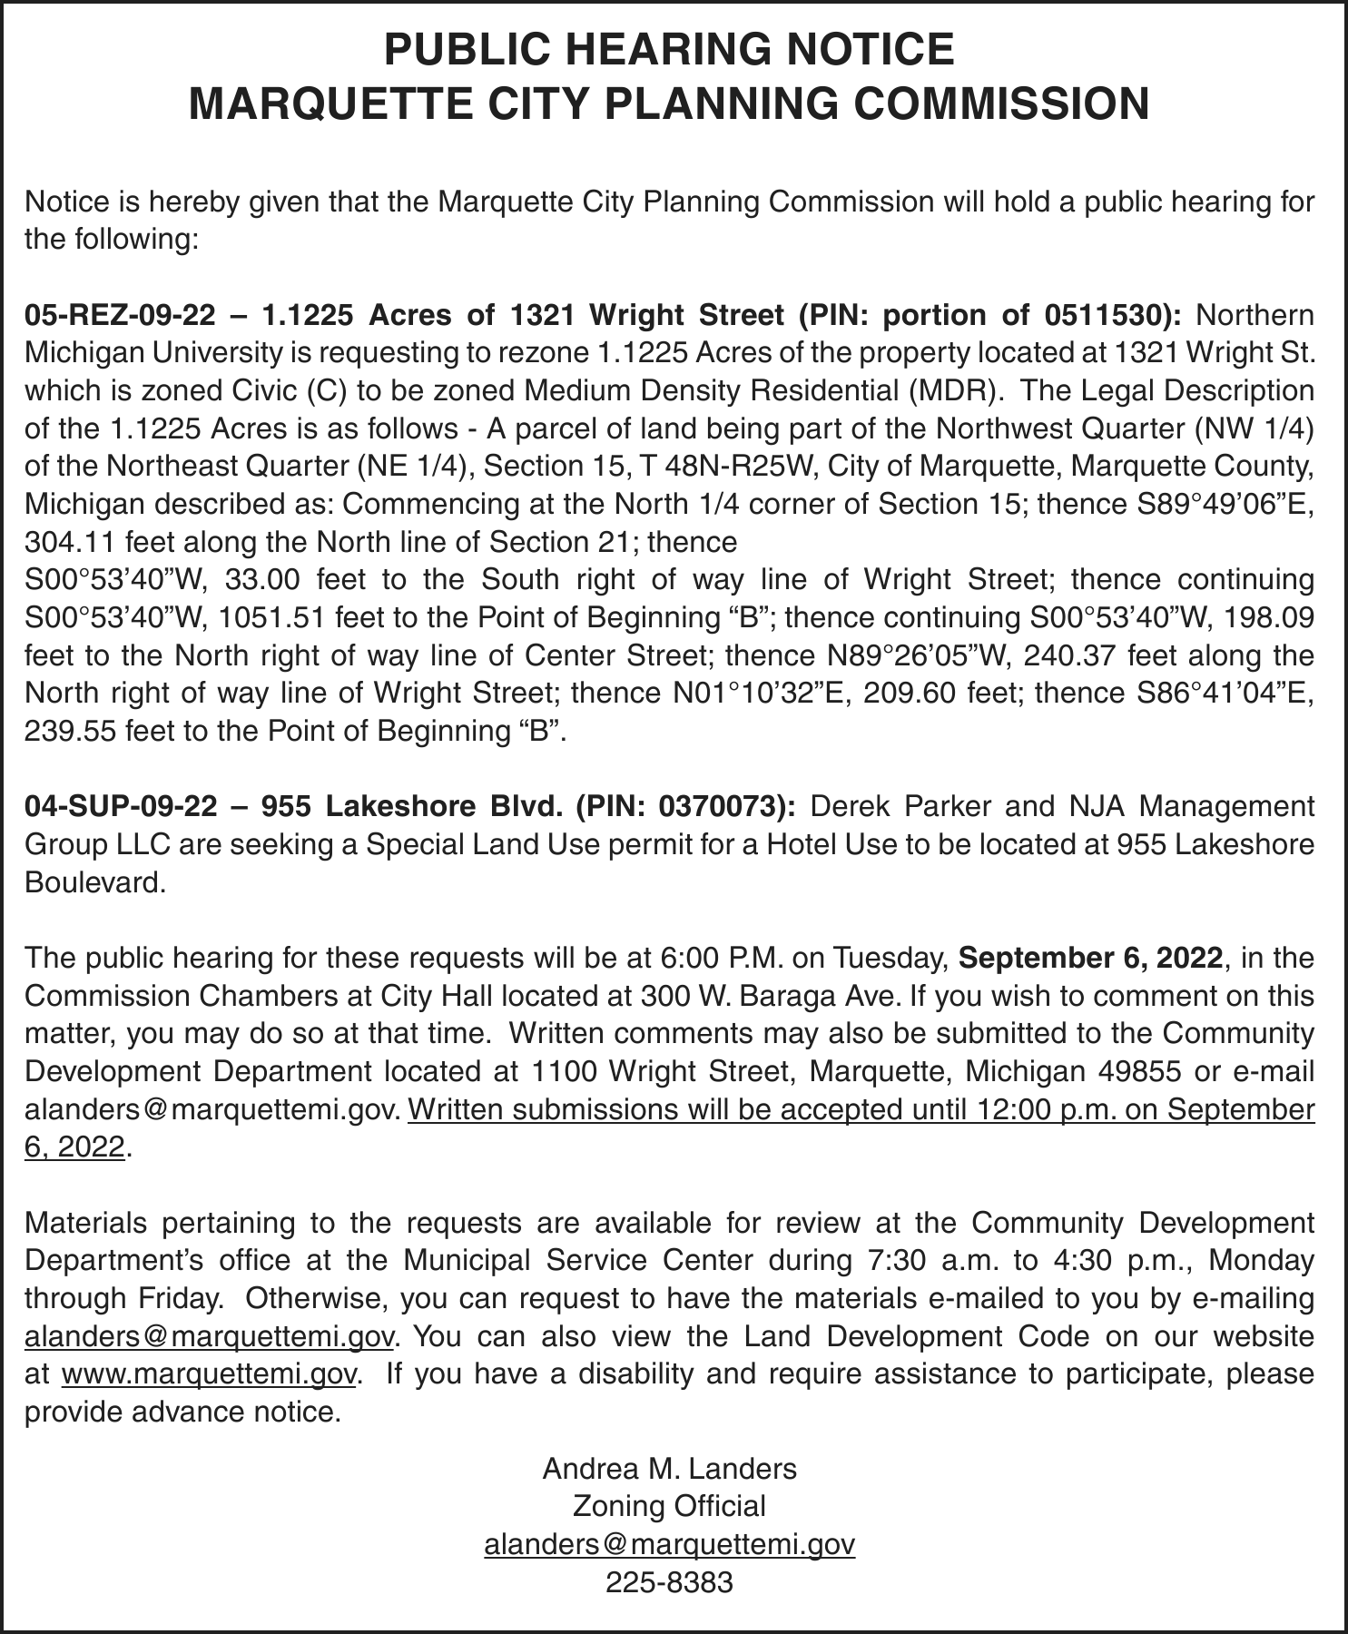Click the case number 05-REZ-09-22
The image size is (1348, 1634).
121,315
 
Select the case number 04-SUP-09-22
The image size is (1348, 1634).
121,806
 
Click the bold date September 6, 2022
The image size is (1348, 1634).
1090,958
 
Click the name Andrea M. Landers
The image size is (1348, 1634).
669,1468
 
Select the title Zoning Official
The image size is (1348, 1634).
669,1506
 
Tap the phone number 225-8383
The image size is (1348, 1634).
669,1582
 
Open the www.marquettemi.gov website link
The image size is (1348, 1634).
209,1374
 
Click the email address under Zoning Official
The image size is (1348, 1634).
669,1544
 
